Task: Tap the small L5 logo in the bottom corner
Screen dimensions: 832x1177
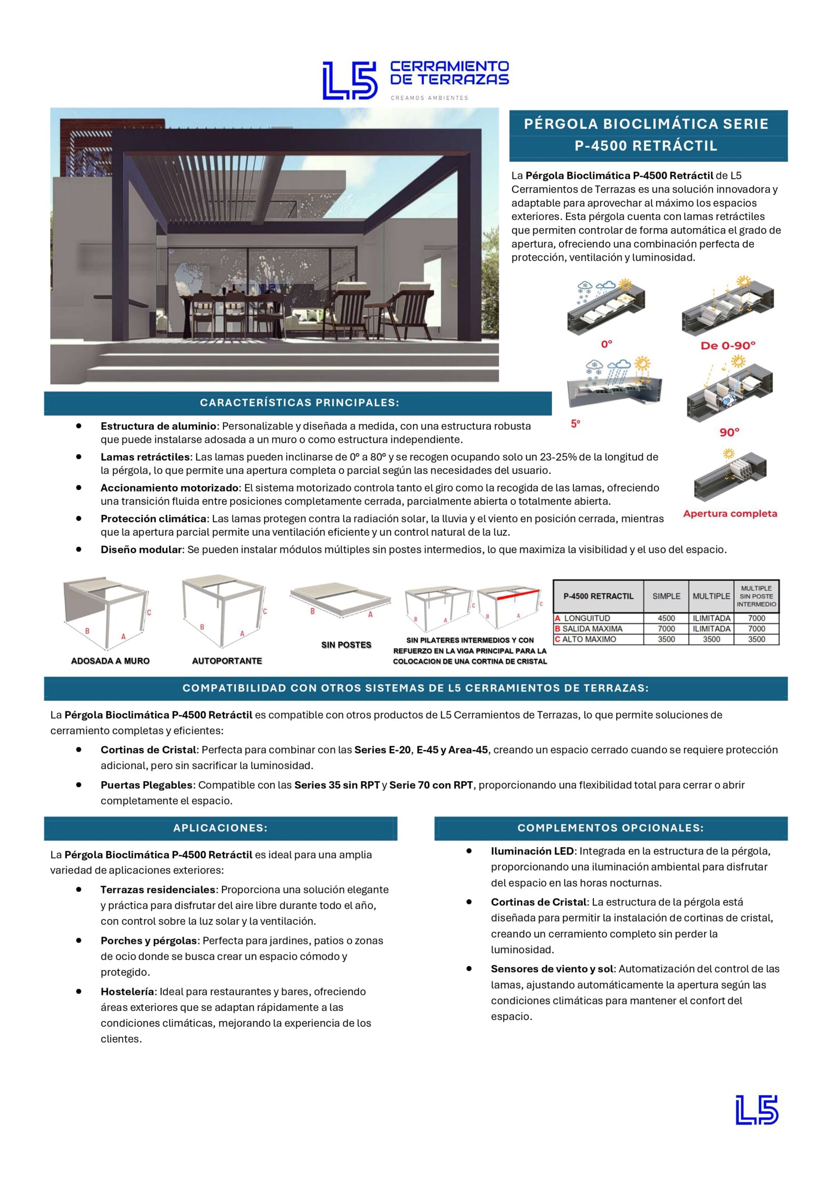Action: [x=757, y=1124]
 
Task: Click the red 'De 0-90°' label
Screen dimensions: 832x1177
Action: [x=728, y=346]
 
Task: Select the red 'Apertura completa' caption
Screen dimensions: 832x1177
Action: [x=730, y=514]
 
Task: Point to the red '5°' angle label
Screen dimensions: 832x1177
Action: [x=576, y=424]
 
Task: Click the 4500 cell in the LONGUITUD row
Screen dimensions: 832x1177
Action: [x=666, y=618]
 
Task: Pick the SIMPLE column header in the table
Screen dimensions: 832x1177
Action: [x=666, y=596]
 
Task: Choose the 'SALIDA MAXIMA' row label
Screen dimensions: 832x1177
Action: [x=592, y=628]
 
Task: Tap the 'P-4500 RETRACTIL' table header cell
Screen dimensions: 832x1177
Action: [x=598, y=596]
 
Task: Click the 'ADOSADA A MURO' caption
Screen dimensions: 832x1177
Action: [x=110, y=661]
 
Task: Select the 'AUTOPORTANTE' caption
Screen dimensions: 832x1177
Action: [x=227, y=661]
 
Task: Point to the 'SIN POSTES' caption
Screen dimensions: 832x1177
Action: [x=346, y=645]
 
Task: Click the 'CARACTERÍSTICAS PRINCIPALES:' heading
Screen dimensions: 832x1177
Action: [x=299, y=403]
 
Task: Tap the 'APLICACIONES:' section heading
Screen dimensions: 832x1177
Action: [x=221, y=828]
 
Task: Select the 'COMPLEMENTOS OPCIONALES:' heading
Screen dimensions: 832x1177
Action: [x=610, y=828]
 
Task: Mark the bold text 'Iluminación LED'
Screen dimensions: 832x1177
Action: [x=532, y=851]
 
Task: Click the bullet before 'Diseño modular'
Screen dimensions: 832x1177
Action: [x=79, y=549]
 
